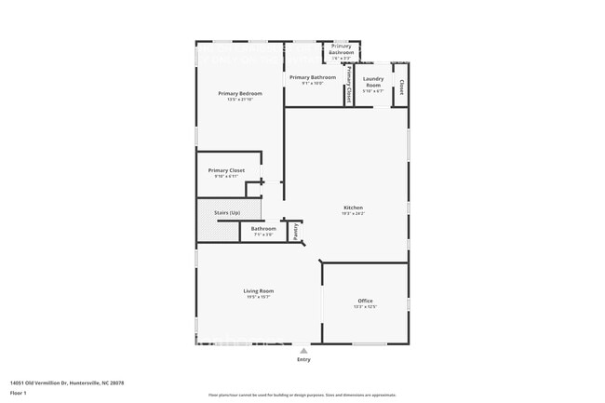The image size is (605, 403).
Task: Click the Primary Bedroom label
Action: coord(240,93)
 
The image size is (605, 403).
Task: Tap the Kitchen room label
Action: coord(353,208)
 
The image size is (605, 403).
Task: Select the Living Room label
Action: coord(259,290)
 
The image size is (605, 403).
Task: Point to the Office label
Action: coord(365,301)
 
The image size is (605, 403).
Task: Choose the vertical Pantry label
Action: coord(296,230)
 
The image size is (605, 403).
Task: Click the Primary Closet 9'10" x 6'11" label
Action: coord(226,170)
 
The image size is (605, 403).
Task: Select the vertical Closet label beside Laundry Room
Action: coord(401,87)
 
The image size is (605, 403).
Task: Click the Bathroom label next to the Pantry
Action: coord(262,228)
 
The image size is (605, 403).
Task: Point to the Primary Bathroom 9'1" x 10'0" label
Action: coord(312,77)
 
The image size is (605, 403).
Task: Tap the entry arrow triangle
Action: coord(303,350)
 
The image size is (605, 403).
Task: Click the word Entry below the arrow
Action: coord(303,359)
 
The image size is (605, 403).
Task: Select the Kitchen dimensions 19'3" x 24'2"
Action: coord(353,214)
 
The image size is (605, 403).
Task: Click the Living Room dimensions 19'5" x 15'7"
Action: coord(259,297)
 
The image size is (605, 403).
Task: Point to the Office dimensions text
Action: coord(365,307)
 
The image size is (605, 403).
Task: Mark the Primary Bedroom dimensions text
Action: coord(240,100)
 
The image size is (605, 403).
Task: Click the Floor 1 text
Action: coord(20,393)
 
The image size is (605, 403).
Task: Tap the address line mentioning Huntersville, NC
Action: coord(66,383)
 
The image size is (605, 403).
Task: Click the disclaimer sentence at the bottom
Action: coord(302,396)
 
